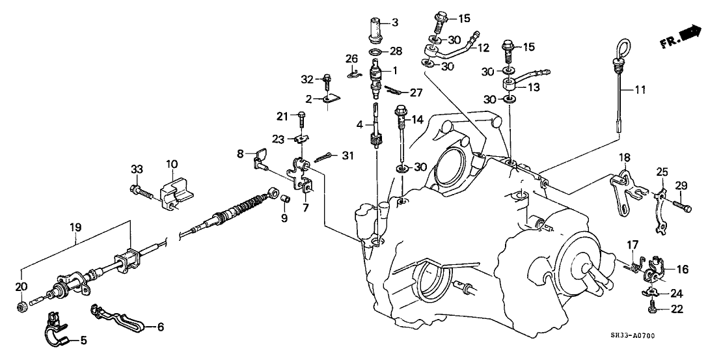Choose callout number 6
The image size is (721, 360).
(161, 326)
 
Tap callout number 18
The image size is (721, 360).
(624, 175)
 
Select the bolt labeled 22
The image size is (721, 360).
(653, 304)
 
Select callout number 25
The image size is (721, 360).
(662, 172)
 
